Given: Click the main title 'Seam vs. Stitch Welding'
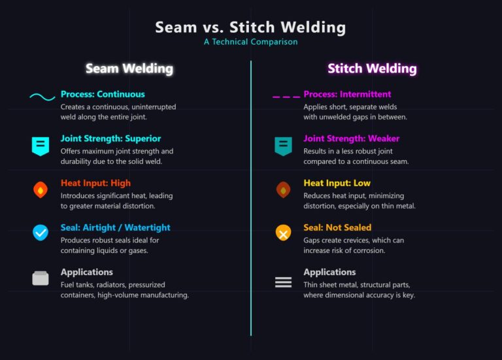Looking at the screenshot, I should click(250, 27).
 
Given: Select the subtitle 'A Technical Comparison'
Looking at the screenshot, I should click(250, 42).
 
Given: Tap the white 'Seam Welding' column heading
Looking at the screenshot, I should click(129, 69).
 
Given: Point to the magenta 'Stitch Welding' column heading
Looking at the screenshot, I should click(372, 69).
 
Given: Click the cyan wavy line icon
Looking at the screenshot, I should click(42, 97).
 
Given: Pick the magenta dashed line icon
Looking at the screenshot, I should click(286, 97).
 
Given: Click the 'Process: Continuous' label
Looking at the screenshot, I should click(103, 94).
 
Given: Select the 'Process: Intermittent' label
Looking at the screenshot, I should click(347, 94).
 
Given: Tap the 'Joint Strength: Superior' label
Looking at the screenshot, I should click(110, 139).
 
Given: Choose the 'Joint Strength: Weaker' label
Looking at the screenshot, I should click(351, 139).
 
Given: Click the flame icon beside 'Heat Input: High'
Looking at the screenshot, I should click(41, 190).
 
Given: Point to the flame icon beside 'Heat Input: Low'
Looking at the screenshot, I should click(283, 190).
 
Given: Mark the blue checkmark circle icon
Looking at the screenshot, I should click(41, 232).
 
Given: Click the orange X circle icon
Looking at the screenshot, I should click(283, 232).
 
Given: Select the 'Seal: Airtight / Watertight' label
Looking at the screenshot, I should click(115, 227).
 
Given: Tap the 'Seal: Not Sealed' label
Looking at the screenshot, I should click(337, 227).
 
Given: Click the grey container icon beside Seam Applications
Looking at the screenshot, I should click(41, 278).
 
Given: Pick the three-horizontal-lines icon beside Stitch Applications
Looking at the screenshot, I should click(283, 282).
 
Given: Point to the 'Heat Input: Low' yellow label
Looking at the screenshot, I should click(336, 183).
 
